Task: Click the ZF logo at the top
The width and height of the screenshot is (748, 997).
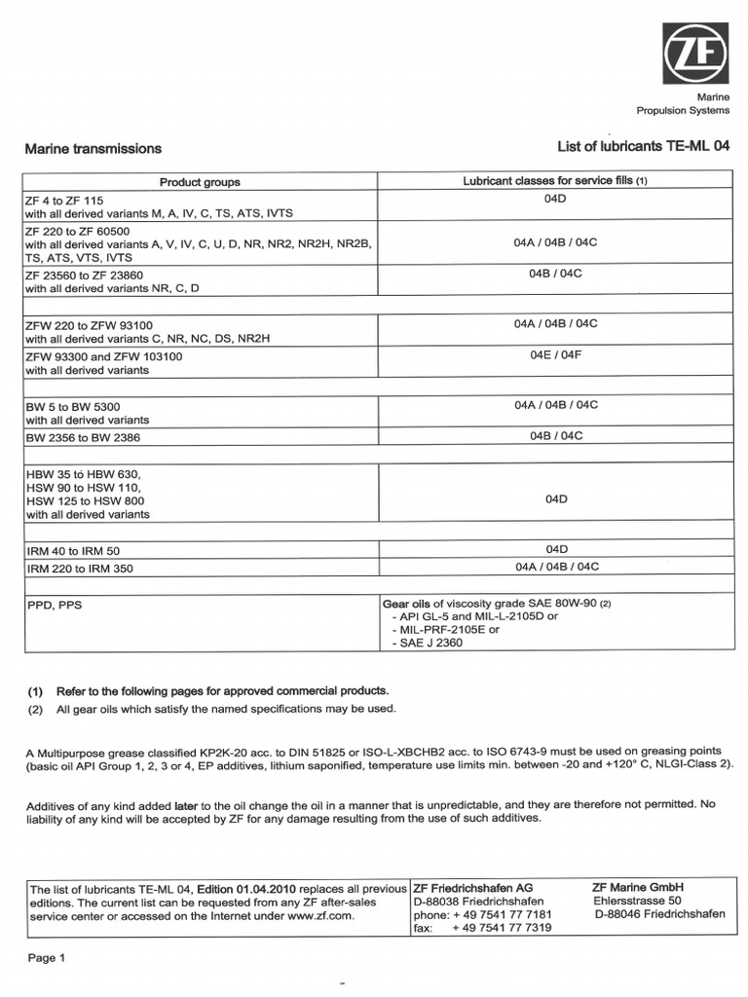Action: (695, 55)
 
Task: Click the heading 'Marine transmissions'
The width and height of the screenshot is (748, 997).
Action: (93, 149)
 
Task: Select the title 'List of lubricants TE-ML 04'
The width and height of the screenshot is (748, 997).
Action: (643, 147)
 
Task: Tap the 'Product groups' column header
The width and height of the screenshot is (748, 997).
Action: (200, 182)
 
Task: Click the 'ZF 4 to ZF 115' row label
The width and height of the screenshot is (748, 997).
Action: (63, 199)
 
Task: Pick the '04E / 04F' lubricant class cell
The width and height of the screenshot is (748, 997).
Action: (555, 355)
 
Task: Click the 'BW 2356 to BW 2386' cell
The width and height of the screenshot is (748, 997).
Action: (83, 438)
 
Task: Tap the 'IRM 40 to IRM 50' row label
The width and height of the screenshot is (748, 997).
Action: (73, 551)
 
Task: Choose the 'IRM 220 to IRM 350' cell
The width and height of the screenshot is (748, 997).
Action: (80, 568)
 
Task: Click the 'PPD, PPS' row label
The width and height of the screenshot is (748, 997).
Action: (55, 605)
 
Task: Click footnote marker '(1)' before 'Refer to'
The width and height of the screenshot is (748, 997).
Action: (35, 690)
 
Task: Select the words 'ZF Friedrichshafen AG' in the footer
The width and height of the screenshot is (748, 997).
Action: (472, 888)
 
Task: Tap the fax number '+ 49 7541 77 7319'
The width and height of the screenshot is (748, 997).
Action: (502, 928)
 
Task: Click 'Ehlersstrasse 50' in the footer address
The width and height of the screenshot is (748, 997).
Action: (643, 901)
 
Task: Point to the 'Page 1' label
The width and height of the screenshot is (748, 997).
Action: (47, 958)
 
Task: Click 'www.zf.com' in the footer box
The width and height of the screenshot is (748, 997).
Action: (319, 916)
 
